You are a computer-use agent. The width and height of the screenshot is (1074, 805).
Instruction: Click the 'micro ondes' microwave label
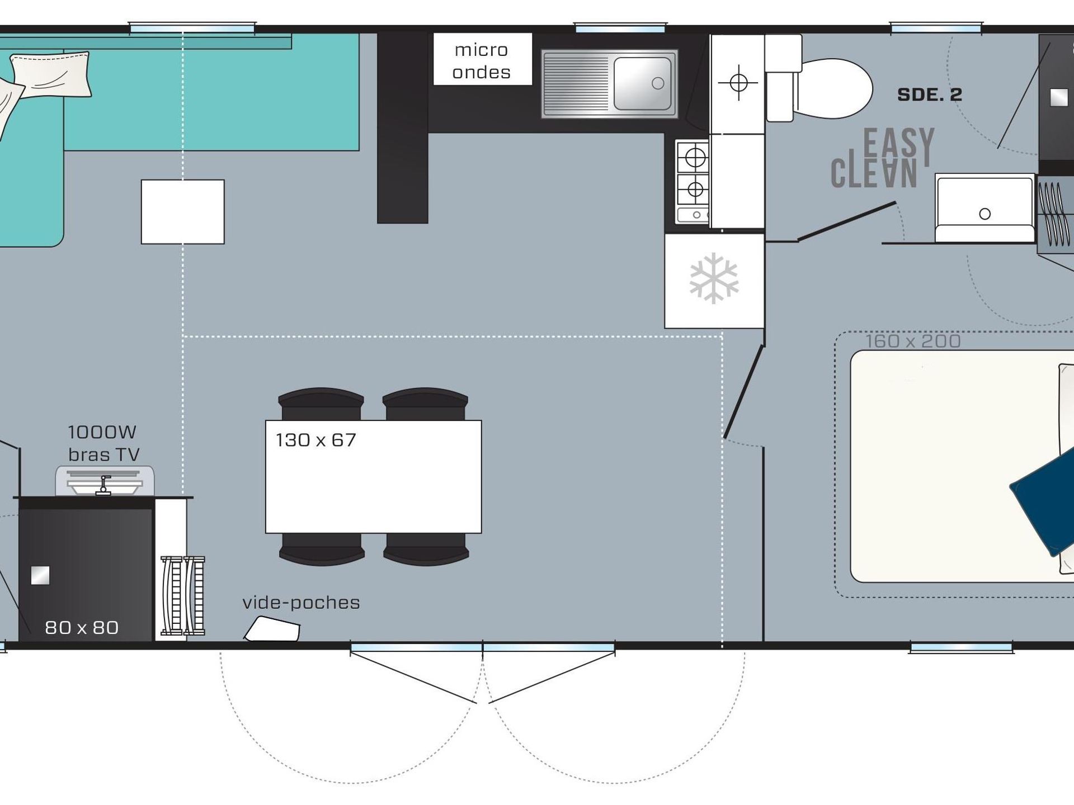tap(482, 61)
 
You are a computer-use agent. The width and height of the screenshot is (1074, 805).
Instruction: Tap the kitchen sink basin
tap(643, 83)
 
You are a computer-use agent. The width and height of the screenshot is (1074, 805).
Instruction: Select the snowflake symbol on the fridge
tap(714, 278)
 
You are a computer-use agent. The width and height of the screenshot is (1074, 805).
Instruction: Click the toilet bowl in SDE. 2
tap(834, 88)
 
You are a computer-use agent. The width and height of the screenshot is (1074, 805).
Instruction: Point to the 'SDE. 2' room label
tap(930, 94)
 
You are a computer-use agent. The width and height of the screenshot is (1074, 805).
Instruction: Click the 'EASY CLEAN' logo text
tap(883, 158)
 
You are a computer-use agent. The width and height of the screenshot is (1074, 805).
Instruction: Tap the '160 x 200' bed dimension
tap(913, 341)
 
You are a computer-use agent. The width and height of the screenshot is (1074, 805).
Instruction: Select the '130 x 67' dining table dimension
tap(315, 440)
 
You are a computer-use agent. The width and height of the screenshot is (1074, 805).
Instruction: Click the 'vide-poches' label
tap(301, 603)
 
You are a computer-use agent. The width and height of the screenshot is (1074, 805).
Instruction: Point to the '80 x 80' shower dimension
tap(82, 628)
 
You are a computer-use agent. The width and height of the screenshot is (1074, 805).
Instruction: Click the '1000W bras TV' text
tap(103, 443)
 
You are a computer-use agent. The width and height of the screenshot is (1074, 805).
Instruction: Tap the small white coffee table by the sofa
tap(183, 212)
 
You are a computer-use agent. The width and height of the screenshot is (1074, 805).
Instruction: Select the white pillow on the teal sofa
tap(50, 74)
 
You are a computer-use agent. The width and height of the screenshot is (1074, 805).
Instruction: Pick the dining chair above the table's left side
tap(321, 403)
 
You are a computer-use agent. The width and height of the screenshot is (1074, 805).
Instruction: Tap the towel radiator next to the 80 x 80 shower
tap(183, 596)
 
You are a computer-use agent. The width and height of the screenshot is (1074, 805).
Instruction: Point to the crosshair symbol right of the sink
tap(738, 83)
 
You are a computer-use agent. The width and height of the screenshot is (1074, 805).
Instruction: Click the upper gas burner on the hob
tap(695, 158)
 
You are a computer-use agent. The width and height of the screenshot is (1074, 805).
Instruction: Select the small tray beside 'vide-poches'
tap(272, 629)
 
